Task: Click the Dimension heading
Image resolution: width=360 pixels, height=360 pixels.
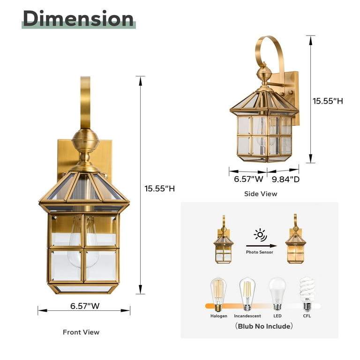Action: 78,19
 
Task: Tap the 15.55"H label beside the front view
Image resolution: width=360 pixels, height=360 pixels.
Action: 159,188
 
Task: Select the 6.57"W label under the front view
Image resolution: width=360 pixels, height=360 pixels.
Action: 85,306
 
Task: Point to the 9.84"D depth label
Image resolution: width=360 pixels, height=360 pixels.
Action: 286,180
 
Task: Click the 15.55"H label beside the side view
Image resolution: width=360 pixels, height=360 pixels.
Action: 328,101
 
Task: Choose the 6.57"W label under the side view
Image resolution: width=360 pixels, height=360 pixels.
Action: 248,179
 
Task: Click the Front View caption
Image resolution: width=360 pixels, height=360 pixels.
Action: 81,332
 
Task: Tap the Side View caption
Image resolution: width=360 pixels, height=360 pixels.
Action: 261,194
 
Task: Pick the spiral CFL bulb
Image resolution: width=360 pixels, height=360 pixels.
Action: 307,294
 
